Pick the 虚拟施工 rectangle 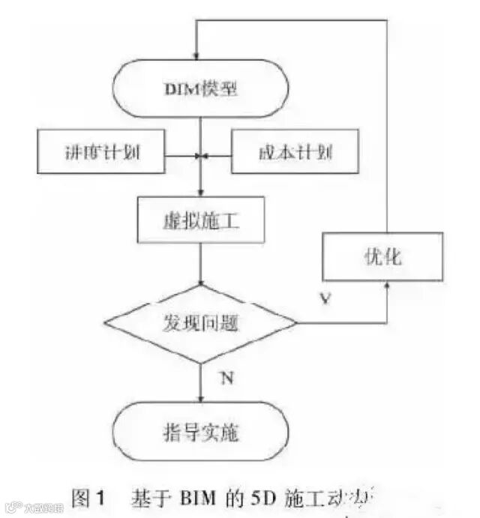(199, 220)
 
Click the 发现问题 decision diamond (200, 323)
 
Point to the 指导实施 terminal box (200, 433)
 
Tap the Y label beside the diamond (325, 299)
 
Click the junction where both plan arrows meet (200, 157)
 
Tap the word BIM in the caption (199, 498)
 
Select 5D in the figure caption (262, 498)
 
